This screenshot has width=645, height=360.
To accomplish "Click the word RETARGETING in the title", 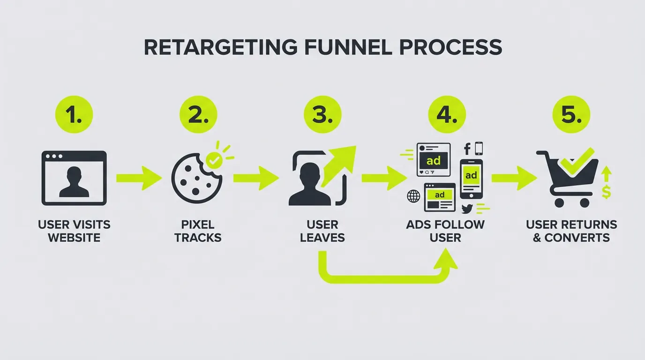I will click(220, 47).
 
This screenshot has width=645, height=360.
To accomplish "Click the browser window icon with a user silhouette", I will click(74, 178).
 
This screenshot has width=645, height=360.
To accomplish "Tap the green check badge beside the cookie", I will click(215, 160).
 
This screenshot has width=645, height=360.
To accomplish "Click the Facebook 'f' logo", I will click(467, 150).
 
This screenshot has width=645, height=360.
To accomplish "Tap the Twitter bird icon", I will click(467, 209).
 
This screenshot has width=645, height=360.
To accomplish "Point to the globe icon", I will click(413, 196).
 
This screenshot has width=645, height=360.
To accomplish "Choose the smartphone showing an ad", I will click(471, 179).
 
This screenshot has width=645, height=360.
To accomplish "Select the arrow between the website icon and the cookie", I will click(139, 178).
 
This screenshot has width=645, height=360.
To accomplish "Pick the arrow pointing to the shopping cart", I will click(514, 178).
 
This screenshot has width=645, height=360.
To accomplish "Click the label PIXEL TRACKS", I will click(198, 231).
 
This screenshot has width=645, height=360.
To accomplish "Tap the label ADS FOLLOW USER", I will click(445, 231).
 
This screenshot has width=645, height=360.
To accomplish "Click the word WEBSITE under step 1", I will click(74, 238).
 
